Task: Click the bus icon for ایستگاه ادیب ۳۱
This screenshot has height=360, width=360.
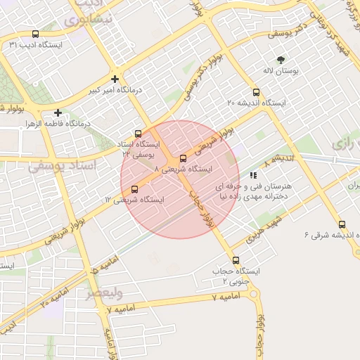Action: [36, 34]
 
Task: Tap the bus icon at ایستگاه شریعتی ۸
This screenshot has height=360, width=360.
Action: [184, 158]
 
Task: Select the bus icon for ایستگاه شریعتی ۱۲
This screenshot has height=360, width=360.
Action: [134, 188]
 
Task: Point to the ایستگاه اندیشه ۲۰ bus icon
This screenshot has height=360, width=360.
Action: [255, 92]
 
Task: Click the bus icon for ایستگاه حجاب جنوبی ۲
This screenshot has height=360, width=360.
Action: [235, 259]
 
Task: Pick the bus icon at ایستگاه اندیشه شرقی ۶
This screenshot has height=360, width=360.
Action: [341, 224]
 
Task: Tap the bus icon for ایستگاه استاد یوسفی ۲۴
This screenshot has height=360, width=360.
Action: [138, 134]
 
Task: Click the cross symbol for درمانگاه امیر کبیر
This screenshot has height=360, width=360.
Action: [115, 79]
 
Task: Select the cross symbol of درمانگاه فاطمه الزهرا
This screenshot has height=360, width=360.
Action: [58, 112]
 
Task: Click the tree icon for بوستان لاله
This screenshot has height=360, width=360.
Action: [281, 60]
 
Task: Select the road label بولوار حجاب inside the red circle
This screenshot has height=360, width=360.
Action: [200, 207]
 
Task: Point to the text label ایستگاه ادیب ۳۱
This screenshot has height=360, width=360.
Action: [36, 45]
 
